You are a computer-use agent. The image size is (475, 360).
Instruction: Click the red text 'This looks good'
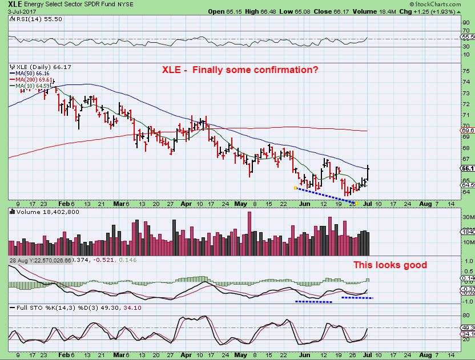(390, 265)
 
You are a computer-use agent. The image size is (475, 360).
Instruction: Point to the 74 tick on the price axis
(465, 82)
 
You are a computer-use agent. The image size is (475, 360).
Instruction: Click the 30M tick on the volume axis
(466, 217)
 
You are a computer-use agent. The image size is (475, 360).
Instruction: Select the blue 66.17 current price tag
(466, 168)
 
